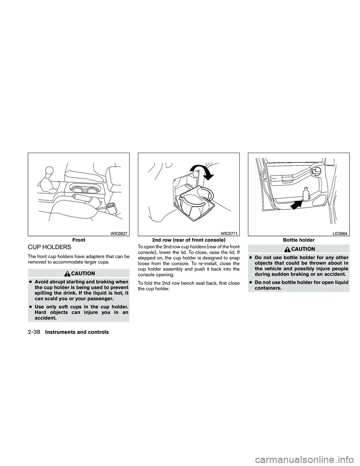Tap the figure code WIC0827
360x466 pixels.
click(120, 233)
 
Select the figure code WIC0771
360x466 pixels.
click(229, 233)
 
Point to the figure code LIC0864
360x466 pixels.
click(340, 233)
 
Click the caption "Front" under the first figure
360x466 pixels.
click(79, 239)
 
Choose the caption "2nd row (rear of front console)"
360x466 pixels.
click(189, 239)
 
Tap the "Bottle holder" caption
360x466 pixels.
click(299, 239)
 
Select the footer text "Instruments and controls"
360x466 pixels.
click(76, 332)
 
